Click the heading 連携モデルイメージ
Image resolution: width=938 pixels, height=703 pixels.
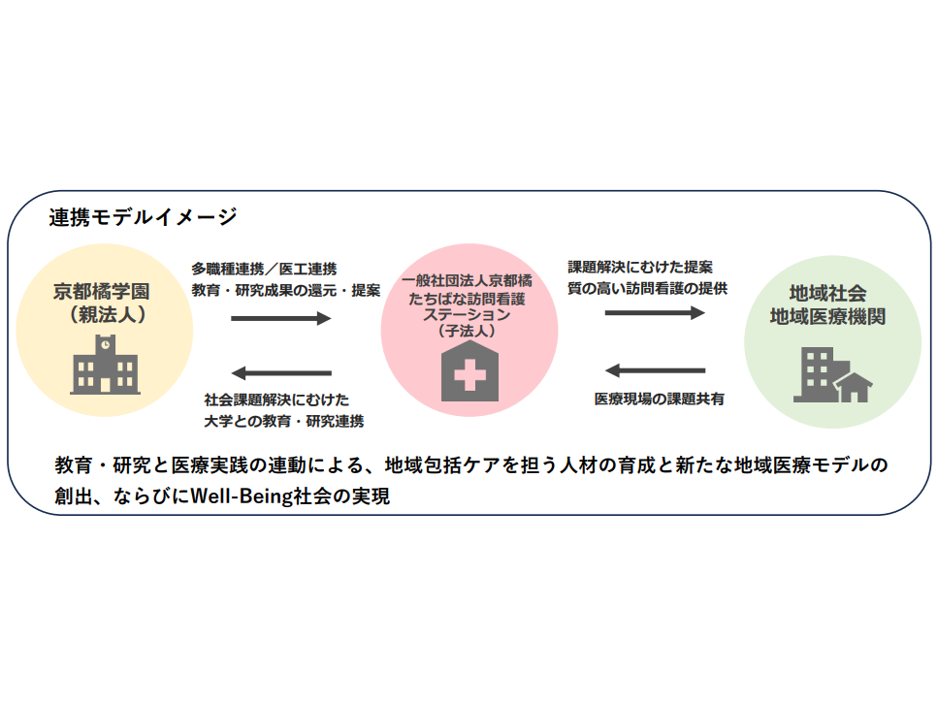click(x=143, y=217)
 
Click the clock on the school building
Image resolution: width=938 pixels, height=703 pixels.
click(x=106, y=345)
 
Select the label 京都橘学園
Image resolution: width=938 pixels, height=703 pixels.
click(x=102, y=292)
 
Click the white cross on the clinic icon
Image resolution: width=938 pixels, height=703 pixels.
click(x=469, y=375)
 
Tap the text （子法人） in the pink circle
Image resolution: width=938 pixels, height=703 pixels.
click(x=467, y=331)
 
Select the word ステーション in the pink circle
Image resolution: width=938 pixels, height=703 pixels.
click(x=467, y=314)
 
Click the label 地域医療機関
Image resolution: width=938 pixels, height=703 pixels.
click(x=827, y=317)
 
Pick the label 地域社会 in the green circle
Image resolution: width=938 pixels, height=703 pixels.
click(x=827, y=293)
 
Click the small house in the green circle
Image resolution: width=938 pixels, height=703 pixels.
click(x=855, y=387)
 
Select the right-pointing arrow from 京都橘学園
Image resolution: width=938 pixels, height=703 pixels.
click(x=281, y=318)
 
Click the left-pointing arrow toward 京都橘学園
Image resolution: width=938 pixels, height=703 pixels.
click(x=281, y=373)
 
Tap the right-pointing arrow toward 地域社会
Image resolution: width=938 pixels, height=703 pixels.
click(x=655, y=312)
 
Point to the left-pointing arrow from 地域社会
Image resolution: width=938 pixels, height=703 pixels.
click(x=655, y=370)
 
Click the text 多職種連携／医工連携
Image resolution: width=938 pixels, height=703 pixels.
click(x=264, y=269)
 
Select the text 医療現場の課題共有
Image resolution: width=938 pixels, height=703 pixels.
click(x=660, y=399)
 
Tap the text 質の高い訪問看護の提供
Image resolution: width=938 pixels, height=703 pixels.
click(x=647, y=289)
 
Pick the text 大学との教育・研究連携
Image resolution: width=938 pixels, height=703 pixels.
click(x=283, y=421)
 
